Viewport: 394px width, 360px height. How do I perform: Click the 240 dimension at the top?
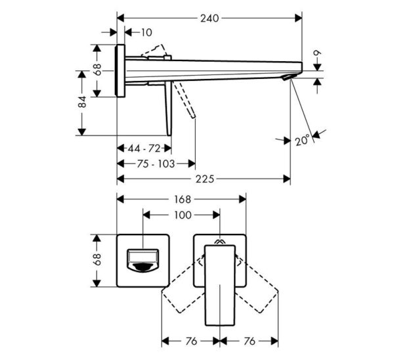[x=209, y=18]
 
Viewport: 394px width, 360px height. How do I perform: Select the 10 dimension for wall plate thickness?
[x=146, y=32]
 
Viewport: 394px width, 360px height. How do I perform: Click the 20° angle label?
[x=302, y=140]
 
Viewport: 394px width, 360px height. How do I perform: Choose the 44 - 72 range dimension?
[x=145, y=149]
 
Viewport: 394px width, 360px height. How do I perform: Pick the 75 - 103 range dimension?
[x=156, y=164]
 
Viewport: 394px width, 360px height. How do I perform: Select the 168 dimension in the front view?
[x=183, y=199]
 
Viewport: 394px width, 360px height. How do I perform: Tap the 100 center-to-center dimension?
[x=183, y=215]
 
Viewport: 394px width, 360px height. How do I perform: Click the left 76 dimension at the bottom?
[x=191, y=341]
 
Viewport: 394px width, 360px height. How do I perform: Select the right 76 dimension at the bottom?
[x=249, y=341]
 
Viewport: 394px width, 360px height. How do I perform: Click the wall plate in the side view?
[x=121, y=71]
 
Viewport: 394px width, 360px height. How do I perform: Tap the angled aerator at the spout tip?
[x=287, y=78]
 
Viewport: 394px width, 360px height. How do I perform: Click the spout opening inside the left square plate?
[x=143, y=261]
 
